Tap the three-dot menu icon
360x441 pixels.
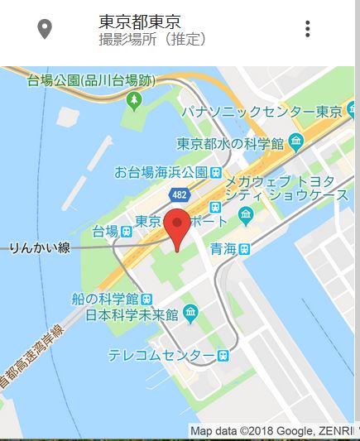click(307, 29)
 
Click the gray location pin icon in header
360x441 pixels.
click(45, 29)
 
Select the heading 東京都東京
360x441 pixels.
click(139, 22)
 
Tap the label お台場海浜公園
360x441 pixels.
click(161, 173)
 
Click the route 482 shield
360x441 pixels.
click(179, 194)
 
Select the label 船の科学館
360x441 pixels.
click(104, 299)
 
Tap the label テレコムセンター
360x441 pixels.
click(161, 355)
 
